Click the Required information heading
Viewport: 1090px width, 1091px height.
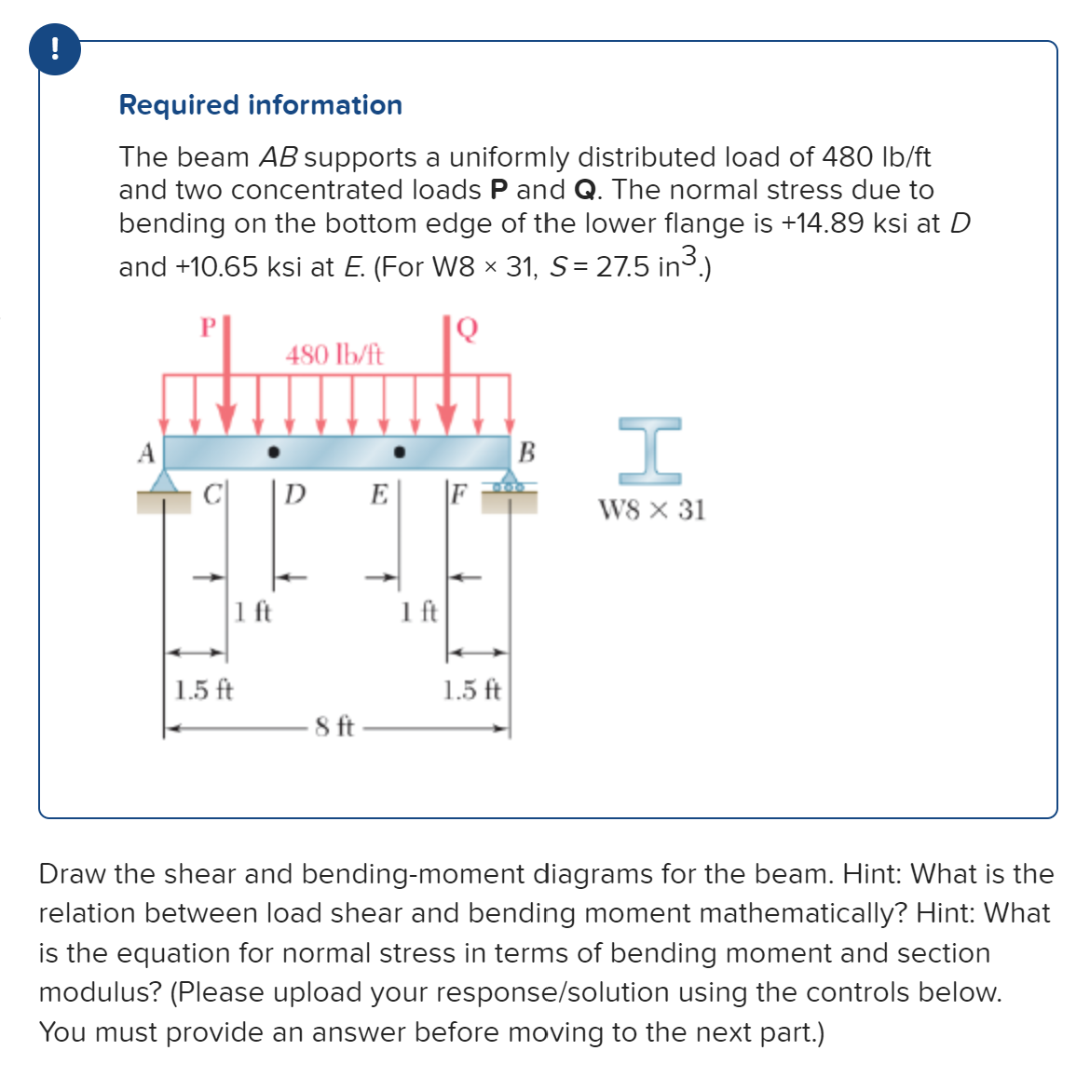click(260, 105)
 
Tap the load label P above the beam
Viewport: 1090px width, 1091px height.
click(209, 327)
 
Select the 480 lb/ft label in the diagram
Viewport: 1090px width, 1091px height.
click(334, 355)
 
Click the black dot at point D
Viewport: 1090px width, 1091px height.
click(273, 453)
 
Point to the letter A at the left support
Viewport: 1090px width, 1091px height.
click(145, 453)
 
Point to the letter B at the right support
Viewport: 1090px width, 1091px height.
click(526, 453)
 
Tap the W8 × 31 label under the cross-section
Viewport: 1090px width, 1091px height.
click(651, 510)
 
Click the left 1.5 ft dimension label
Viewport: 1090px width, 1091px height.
click(204, 690)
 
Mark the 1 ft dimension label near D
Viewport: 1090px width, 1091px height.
click(252, 612)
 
